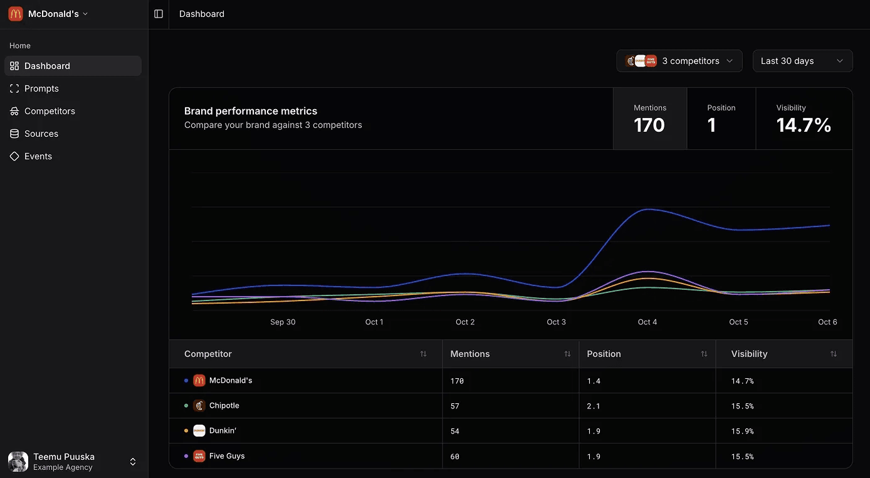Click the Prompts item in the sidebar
pyautogui.click(x=41, y=88)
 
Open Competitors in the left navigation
pyautogui.click(x=50, y=111)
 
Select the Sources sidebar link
pyautogui.click(x=41, y=134)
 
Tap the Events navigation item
pyautogui.click(x=38, y=156)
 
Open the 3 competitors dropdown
pyautogui.click(x=679, y=61)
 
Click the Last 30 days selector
pyautogui.click(x=802, y=61)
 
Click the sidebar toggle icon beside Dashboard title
pyautogui.click(x=159, y=14)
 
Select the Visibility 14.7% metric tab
pyautogui.click(x=804, y=119)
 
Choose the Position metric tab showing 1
pyautogui.click(x=721, y=119)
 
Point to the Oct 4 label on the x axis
pyautogui.click(x=647, y=322)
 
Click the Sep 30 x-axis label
pyautogui.click(x=283, y=322)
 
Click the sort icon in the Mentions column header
pyautogui.click(x=567, y=354)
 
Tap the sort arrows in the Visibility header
pyautogui.click(x=833, y=354)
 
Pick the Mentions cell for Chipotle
pyautogui.click(x=455, y=406)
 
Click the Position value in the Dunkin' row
pyautogui.click(x=594, y=431)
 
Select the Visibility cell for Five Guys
pyautogui.click(x=742, y=456)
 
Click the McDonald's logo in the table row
pyautogui.click(x=199, y=380)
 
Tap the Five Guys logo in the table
pyautogui.click(x=199, y=456)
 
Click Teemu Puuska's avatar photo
pyautogui.click(x=18, y=462)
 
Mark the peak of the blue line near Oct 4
pyautogui.click(x=648, y=210)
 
